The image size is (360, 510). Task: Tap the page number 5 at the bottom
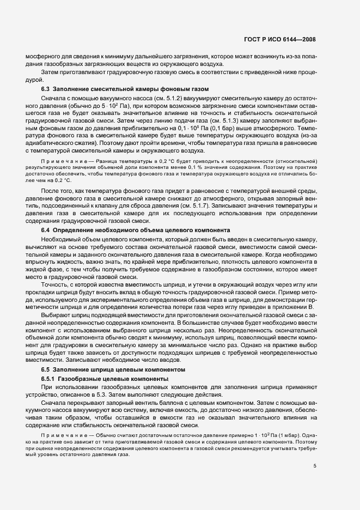coord(314,435)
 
